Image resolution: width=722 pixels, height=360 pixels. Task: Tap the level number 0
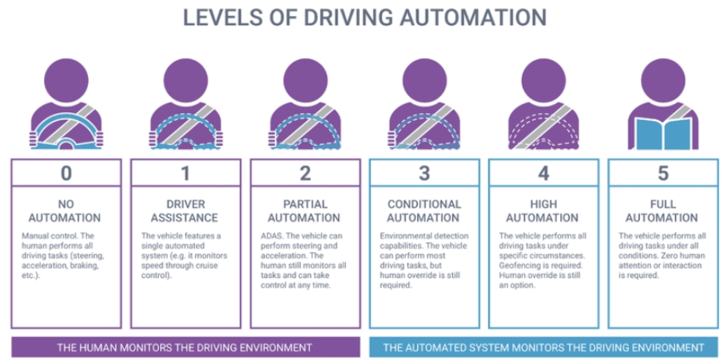(66, 173)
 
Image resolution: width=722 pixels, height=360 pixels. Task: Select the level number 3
(424, 173)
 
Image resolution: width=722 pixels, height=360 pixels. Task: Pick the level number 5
(663, 173)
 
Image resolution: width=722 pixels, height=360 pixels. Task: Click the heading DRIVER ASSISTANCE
(185, 211)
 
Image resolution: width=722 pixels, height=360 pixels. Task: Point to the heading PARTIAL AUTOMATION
(304, 211)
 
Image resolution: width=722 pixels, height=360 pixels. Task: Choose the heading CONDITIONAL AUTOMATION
(424, 211)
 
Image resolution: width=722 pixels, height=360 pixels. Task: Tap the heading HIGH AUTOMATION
(544, 211)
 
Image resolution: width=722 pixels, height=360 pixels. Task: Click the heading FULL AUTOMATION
(663, 211)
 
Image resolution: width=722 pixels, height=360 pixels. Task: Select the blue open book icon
(663, 133)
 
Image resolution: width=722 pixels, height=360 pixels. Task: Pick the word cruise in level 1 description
(213, 266)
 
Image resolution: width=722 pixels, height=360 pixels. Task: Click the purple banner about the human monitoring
(185, 347)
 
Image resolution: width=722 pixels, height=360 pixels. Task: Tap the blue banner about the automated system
(544, 347)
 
